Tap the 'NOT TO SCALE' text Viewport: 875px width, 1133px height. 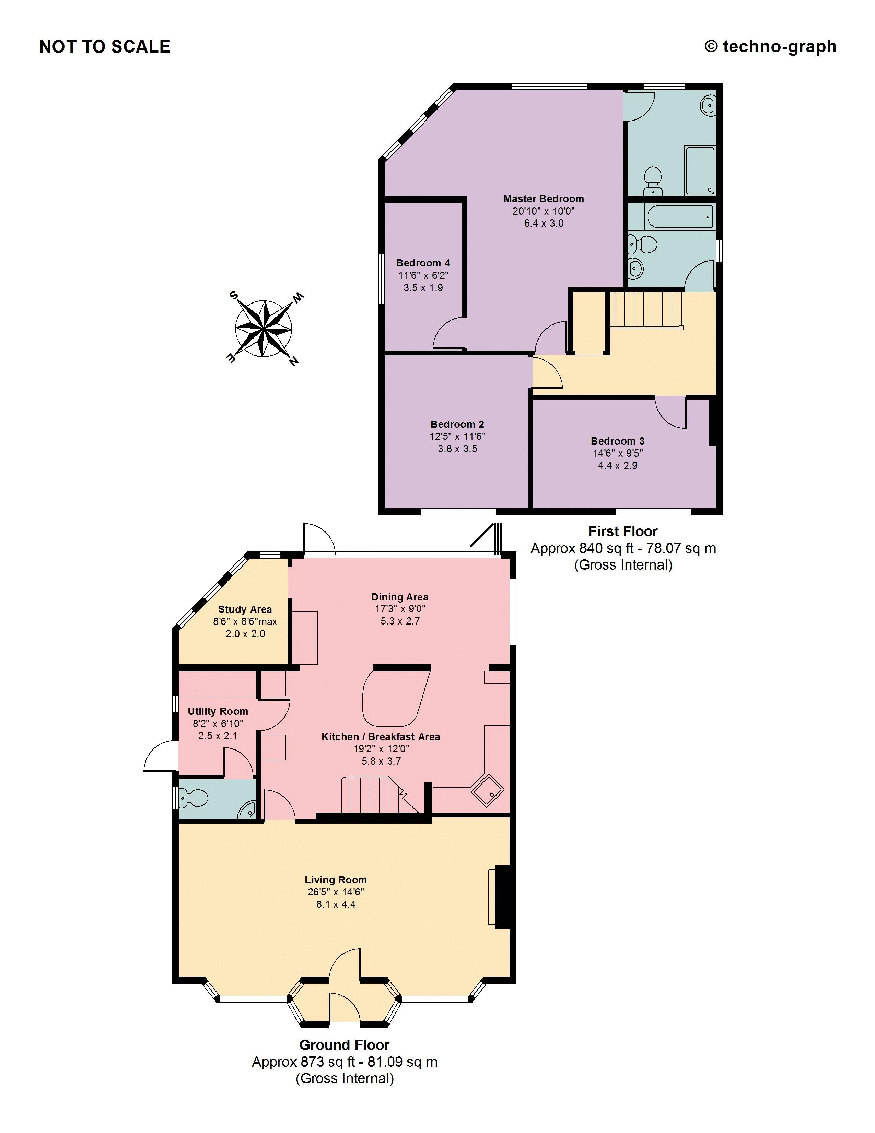(105, 47)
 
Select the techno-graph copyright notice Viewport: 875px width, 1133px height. (770, 47)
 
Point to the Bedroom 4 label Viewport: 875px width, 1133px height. (423, 263)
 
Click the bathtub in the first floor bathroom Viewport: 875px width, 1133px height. (679, 217)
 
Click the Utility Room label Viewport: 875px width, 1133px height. (218, 711)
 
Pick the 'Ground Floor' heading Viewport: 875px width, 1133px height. (344, 1045)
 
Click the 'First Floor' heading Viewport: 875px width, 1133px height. (622, 531)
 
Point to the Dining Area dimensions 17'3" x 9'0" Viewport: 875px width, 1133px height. (400, 609)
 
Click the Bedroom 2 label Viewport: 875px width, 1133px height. (457, 424)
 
